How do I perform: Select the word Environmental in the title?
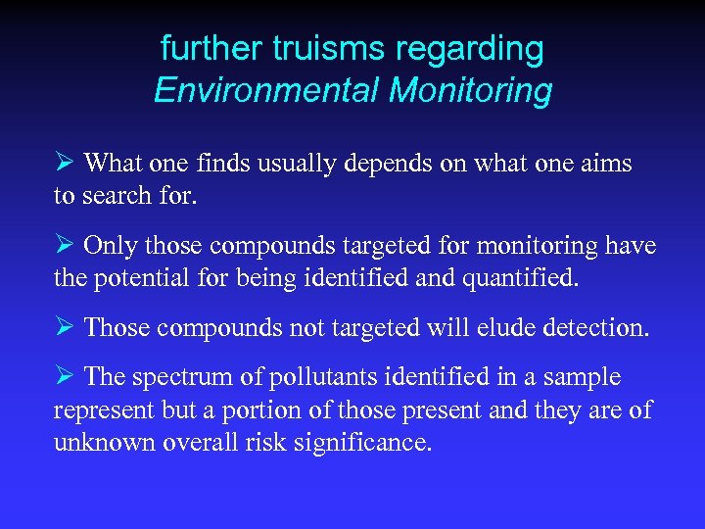click(265, 91)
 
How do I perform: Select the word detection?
click(596, 327)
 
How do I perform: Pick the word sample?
click(587, 378)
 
